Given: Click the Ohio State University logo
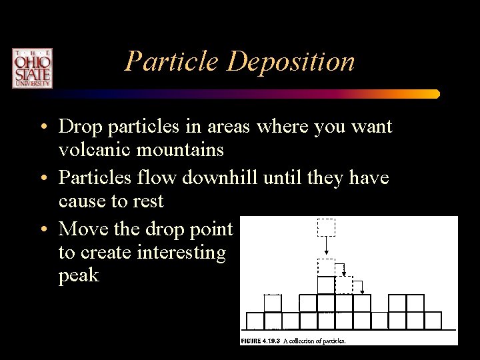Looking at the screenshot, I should [x=31, y=68].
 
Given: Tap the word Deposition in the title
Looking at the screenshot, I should [x=292, y=62].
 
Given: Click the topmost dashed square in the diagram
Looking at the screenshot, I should [x=326, y=227].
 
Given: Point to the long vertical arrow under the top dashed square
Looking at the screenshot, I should [x=326, y=247].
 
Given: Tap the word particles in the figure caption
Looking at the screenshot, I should [x=331, y=341].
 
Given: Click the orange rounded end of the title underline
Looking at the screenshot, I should [x=435, y=94].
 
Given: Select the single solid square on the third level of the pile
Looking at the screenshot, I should [x=325, y=285].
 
